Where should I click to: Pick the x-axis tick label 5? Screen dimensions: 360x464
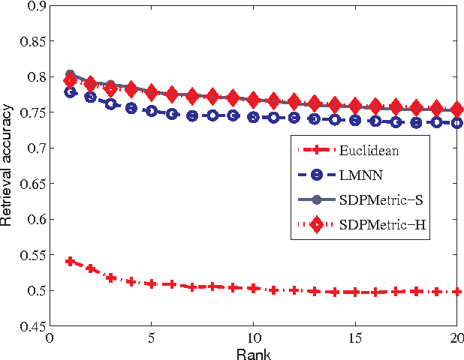(x=152, y=337)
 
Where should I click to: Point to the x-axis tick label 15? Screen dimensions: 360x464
(x=354, y=337)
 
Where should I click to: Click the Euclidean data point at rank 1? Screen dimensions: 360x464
(x=71, y=262)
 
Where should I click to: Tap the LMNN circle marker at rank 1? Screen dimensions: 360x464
(x=71, y=92)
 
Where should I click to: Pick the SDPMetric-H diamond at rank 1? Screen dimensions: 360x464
(x=71, y=81)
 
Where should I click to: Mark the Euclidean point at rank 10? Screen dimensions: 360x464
(x=253, y=288)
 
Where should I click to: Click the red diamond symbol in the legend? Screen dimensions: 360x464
(x=319, y=224)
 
